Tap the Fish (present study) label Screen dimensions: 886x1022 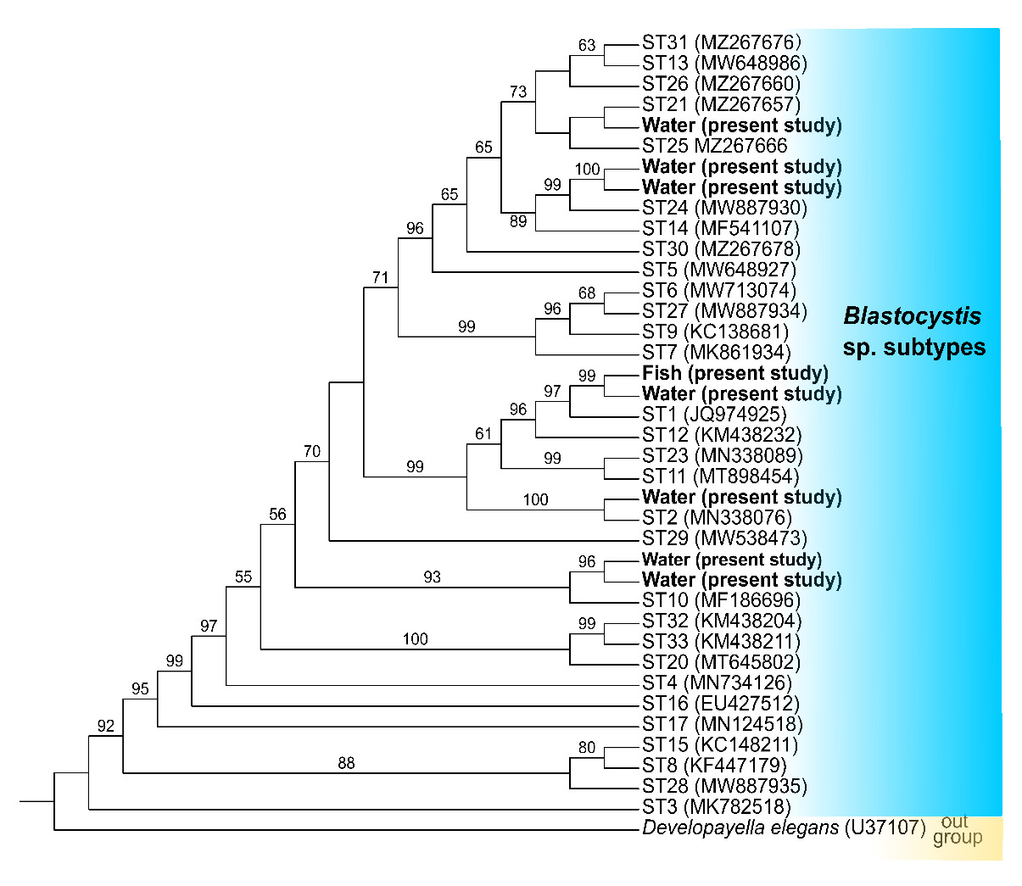734,373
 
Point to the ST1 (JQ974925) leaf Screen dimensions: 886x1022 714,415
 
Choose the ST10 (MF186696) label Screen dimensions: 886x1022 721,600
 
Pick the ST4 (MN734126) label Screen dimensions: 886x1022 717,683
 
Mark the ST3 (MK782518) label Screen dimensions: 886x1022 716,806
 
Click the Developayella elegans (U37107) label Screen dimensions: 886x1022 784,827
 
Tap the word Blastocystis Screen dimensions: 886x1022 912,317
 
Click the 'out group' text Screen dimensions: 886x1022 957,830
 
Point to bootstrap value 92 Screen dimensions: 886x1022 105,726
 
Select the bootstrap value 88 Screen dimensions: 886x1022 346,763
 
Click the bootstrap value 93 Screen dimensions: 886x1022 432,577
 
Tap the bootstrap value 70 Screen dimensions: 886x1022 312,451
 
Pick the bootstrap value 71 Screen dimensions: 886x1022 380,277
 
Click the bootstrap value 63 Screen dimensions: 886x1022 587,46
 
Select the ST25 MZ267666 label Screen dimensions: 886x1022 714,146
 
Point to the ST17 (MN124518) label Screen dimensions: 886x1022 722,724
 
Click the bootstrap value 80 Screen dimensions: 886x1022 587,747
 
